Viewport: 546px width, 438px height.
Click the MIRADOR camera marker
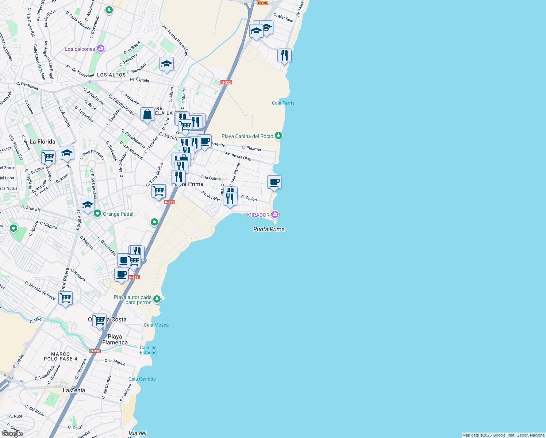(x=275, y=214)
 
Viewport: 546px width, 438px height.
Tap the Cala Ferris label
(x=283, y=103)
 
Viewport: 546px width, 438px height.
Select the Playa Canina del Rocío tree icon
(x=278, y=136)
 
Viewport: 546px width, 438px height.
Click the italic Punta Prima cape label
(x=269, y=229)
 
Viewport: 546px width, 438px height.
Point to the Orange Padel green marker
(x=97, y=214)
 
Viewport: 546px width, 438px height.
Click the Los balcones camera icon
(x=101, y=49)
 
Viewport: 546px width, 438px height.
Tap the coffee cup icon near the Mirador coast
(x=274, y=182)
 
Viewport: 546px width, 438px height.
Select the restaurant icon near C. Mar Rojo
(x=284, y=55)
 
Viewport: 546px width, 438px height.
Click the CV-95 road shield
(x=262, y=3)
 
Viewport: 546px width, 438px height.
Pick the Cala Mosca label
(x=156, y=325)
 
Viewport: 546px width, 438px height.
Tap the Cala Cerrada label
(x=142, y=379)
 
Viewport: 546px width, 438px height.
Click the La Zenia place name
(x=74, y=390)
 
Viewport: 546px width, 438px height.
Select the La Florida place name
(x=42, y=142)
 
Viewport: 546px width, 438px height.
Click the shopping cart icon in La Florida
(x=48, y=157)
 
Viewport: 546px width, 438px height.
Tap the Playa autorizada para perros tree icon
(x=157, y=299)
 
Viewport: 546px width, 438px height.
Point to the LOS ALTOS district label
(x=111, y=75)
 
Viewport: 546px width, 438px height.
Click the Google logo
(x=12, y=433)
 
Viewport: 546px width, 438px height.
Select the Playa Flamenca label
(x=115, y=339)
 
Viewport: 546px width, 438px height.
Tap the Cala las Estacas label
(x=148, y=350)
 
